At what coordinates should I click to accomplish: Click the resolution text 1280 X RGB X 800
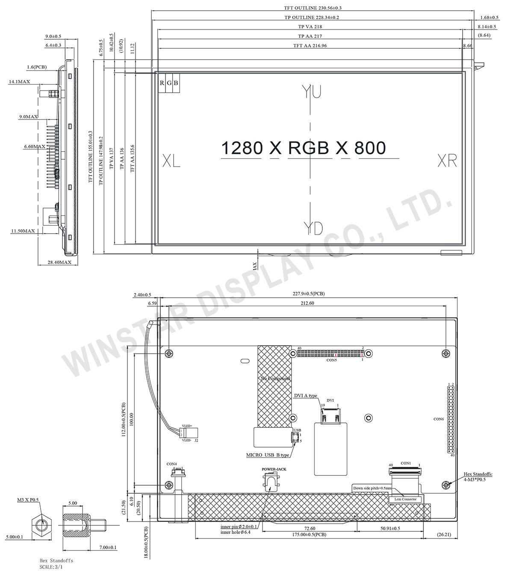tap(303, 148)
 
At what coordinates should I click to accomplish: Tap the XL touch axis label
tap(171, 161)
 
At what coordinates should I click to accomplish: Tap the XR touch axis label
tap(447, 161)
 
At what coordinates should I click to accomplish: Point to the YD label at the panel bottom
tap(313, 229)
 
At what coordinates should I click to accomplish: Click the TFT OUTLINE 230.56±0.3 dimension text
tap(313, 8)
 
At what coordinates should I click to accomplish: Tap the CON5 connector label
tap(332, 360)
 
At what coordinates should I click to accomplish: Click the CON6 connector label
tap(439, 419)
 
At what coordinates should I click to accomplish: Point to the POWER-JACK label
tap(274, 469)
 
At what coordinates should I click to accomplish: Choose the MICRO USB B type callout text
tap(268, 455)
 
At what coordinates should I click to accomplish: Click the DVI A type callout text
tap(305, 395)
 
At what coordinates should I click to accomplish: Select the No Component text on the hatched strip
tap(276, 378)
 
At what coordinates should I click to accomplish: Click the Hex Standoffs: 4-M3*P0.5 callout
tap(478, 477)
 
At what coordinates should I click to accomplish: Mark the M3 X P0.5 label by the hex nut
tap(28, 500)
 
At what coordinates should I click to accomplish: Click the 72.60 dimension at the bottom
tap(310, 528)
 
